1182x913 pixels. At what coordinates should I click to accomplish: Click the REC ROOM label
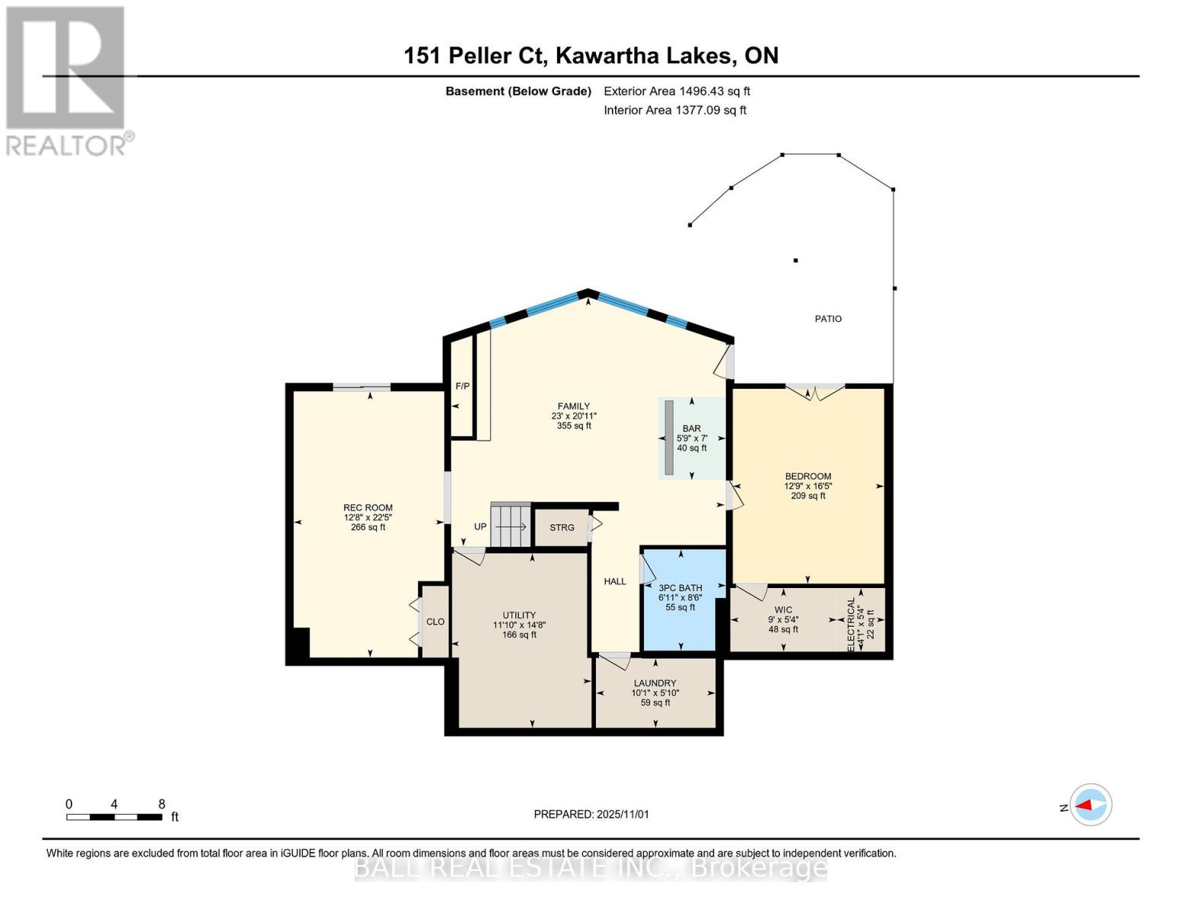click(x=368, y=508)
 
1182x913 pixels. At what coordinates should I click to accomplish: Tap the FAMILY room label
click(x=574, y=407)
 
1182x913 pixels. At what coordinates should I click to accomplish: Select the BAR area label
click(x=691, y=429)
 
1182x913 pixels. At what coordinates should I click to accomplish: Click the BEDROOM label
click(x=808, y=477)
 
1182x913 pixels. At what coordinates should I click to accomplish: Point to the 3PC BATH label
click(x=680, y=588)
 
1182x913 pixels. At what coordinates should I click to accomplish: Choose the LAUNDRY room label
click(x=655, y=683)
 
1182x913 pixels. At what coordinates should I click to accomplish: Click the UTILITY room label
click(x=519, y=616)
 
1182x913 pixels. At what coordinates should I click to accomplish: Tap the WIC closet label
click(x=783, y=610)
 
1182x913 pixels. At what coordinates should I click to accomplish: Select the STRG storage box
click(x=562, y=527)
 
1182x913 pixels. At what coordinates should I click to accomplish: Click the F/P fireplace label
click(x=462, y=387)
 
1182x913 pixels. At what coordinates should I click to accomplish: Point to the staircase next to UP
click(x=510, y=525)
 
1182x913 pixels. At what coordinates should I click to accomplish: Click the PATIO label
click(x=828, y=319)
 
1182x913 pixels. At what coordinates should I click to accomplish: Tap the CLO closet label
click(x=435, y=622)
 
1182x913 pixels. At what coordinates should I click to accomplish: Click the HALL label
click(x=615, y=581)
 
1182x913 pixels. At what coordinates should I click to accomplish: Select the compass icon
click(x=1091, y=805)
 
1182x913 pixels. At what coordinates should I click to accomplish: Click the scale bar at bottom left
click(x=114, y=817)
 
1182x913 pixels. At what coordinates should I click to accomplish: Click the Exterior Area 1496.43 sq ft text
click(x=677, y=91)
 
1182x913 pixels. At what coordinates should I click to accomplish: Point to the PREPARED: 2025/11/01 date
click(x=591, y=814)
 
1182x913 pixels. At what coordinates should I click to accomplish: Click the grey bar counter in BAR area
click(x=668, y=437)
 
